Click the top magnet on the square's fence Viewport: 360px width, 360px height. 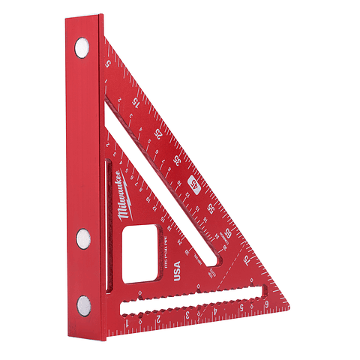[80, 49]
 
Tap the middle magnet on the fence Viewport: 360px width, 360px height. [82, 240]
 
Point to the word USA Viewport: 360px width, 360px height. [177, 269]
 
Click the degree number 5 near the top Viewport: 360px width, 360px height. [109, 64]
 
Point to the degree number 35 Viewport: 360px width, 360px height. [177, 160]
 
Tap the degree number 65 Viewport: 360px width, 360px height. [229, 234]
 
